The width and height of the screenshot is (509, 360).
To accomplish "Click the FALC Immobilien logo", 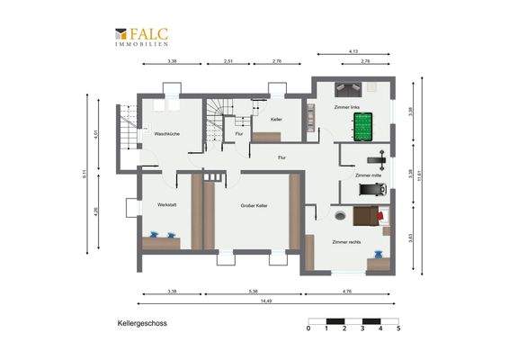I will [x=141, y=37].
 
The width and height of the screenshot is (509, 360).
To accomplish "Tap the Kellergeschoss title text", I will [x=142, y=321].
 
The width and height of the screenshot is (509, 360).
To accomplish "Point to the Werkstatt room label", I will [x=166, y=205].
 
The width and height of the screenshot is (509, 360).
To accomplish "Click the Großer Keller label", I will [x=254, y=206].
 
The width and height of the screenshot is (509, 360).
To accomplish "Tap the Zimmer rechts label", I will [x=346, y=242].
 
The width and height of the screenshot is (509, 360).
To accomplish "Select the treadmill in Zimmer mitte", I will [x=371, y=190].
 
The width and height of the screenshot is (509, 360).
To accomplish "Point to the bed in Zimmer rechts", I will [x=365, y=217].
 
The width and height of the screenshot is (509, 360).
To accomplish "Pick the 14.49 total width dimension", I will [x=267, y=301].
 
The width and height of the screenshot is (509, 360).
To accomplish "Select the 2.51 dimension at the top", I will [x=228, y=62].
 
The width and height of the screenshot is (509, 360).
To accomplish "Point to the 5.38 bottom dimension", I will [x=254, y=292].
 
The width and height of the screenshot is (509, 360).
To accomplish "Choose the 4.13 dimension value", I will [x=353, y=51].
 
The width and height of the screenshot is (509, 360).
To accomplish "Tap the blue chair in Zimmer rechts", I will [x=388, y=230].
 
